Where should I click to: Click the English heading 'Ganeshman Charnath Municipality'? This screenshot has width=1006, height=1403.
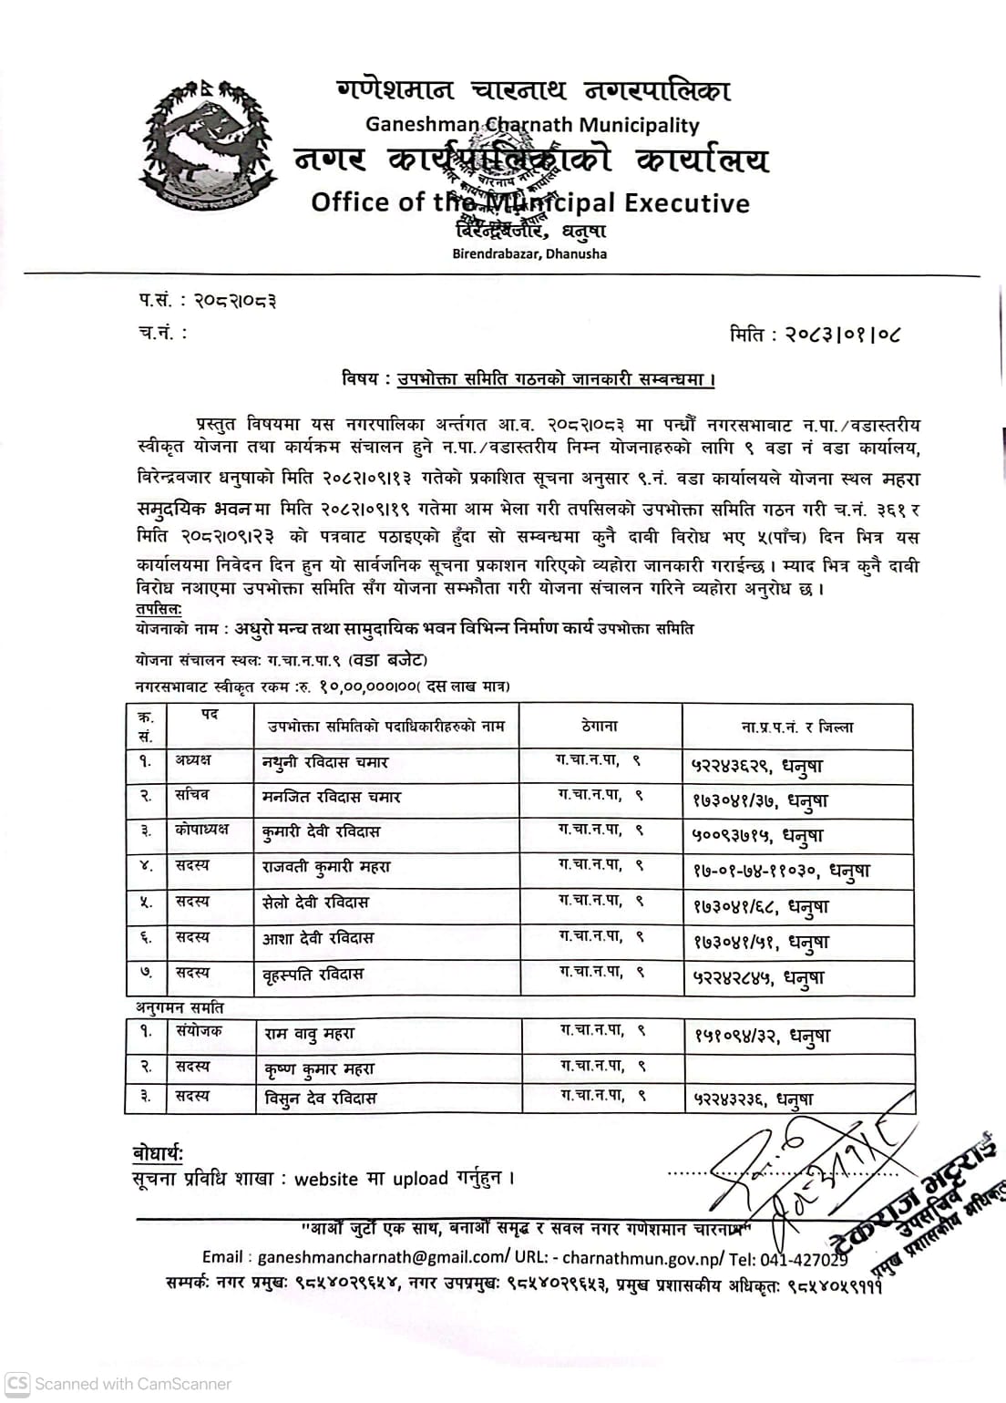532,124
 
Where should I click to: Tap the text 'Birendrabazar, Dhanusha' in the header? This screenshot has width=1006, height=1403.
529,253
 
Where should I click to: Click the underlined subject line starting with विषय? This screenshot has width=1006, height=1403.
529,378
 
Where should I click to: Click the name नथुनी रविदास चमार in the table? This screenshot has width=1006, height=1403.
325,762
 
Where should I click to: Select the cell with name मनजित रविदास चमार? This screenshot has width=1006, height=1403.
332,797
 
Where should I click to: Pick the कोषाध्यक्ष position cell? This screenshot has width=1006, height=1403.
201,830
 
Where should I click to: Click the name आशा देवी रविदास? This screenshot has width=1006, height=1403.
318,937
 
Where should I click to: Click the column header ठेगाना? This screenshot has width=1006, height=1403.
599,727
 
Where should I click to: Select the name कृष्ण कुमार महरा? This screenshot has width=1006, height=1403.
319,1068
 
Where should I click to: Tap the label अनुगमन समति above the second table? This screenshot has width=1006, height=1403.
180,1008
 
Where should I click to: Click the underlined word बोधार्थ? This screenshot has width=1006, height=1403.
158,1154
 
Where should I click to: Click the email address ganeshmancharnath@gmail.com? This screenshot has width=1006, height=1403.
377,1257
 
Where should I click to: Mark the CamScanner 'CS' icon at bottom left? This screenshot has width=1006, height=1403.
17,1384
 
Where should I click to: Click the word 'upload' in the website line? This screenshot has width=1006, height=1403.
421,1179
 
